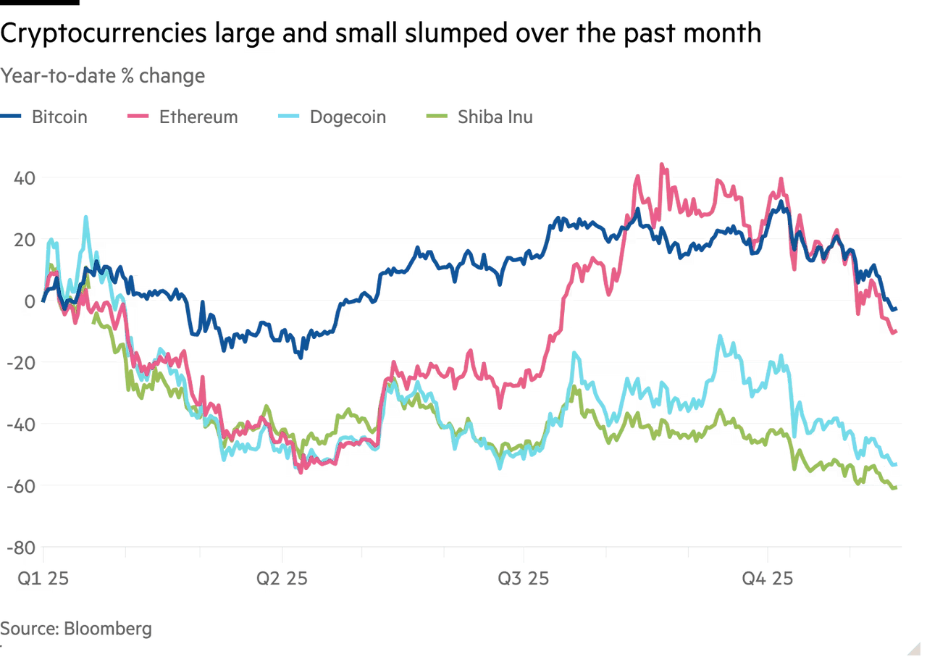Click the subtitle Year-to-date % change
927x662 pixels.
click(x=103, y=76)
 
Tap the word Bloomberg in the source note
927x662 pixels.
click(x=108, y=628)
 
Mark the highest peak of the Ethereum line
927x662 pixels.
click(x=660, y=163)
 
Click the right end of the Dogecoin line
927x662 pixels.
click(x=896, y=464)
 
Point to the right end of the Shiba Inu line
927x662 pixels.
click(x=897, y=489)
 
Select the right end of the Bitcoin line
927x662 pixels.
click(x=897, y=309)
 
